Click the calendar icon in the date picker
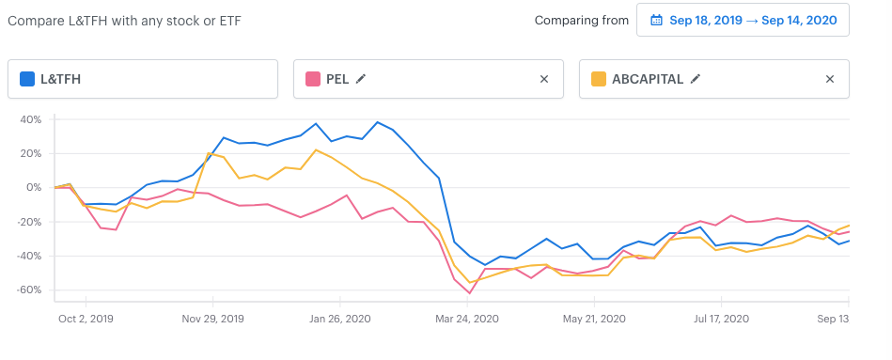pyautogui.click(x=656, y=21)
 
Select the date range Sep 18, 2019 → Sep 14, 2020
pyautogui.click(x=753, y=21)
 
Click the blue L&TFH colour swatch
pyautogui.click(x=27, y=79)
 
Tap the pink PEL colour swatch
pyautogui.click(x=313, y=79)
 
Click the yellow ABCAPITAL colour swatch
pyautogui.click(x=599, y=79)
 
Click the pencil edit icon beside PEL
pyautogui.click(x=360, y=79)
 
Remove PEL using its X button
pyautogui.click(x=544, y=79)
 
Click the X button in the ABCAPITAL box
pyautogui.click(x=829, y=79)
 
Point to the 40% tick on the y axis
pyautogui.click(x=31, y=119)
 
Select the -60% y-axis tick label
pyautogui.click(x=29, y=290)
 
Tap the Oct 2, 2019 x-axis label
pyautogui.click(x=86, y=319)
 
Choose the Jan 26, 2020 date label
pyautogui.click(x=340, y=319)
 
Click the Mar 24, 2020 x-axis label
pyautogui.click(x=467, y=319)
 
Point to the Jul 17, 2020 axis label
pyautogui.click(x=721, y=319)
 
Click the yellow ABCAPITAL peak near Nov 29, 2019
pyautogui.click(x=209, y=153)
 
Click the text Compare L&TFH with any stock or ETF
pyautogui.click(x=125, y=21)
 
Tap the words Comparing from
pyautogui.click(x=582, y=21)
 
